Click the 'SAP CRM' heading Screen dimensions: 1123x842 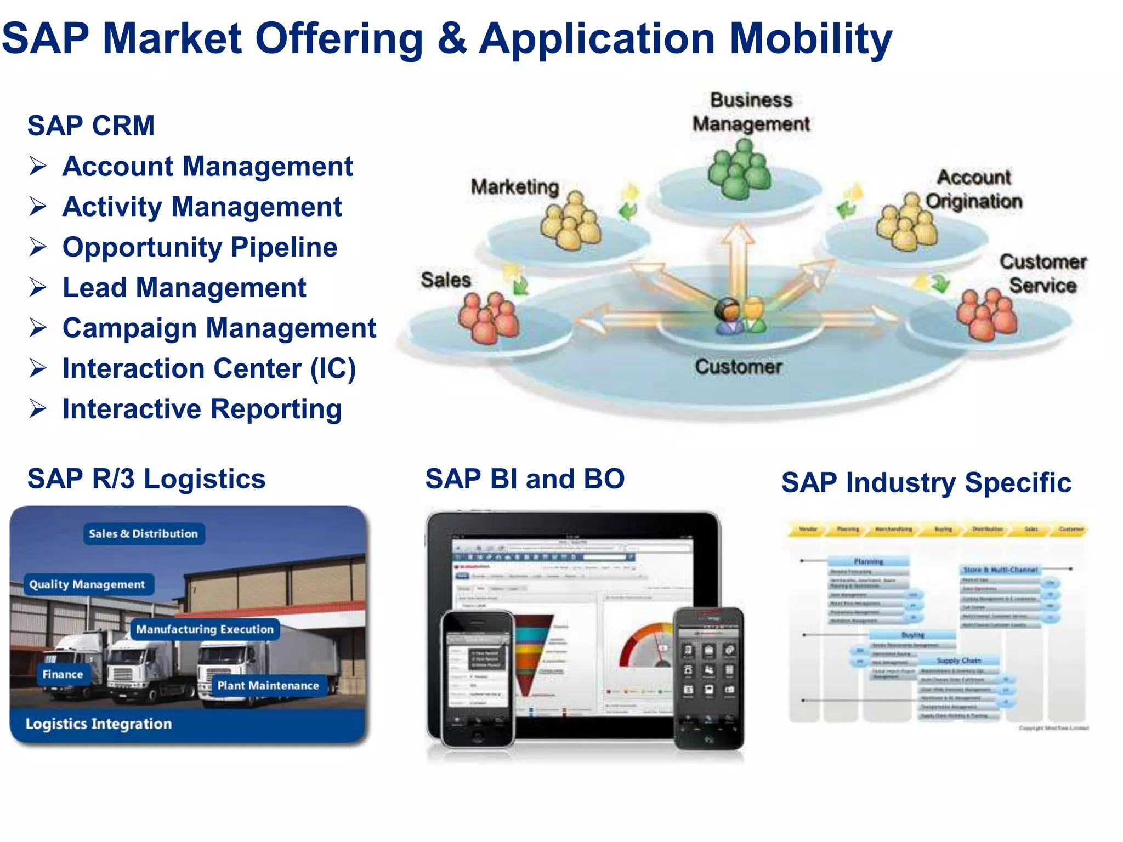(x=91, y=126)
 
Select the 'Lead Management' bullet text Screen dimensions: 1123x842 (x=184, y=288)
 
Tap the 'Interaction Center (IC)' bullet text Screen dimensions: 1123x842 (x=209, y=368)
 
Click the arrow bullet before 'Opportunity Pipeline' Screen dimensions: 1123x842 (x=38, y=247)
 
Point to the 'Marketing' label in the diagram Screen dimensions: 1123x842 (x=514, y=187)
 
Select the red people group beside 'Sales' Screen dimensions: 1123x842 (x=489, y=318)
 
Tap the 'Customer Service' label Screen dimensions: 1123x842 (x=1042, y=274)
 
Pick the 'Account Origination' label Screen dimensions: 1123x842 (x=974, y=189)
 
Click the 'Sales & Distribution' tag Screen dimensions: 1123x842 (x=143, y=533)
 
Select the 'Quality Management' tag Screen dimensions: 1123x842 (x=87, y=584)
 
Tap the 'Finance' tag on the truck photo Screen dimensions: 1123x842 (x=63, y=674)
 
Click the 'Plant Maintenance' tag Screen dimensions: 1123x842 (x=268, y=685)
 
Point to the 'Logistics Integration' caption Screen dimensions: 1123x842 (x=99, y=724)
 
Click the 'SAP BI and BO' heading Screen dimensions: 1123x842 (x=525, y=479)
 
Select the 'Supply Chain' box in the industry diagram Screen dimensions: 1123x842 (x=958, y=661)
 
